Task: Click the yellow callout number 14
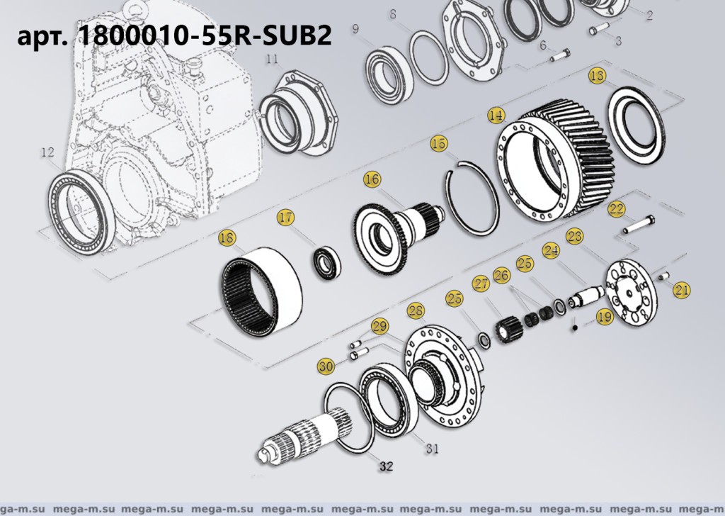tap(496, 115)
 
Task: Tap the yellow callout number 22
tap(616, 208)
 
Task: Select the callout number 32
tap(384, 466)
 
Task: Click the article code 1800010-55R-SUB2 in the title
tap(202, 36)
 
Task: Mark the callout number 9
tap(355, 28)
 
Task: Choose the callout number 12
tap(47, 152)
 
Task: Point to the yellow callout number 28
tap(415, 310)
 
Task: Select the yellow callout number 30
tap(326, 366)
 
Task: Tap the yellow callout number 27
tap(481, 284)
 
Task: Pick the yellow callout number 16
tap(372, 180)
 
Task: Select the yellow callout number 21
tap(681, 288)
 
